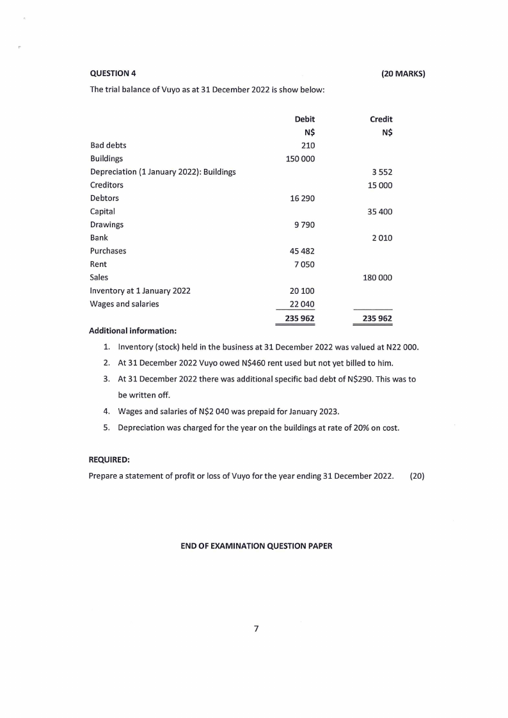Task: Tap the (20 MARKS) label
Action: click(x=403, y=73)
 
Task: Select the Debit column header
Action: click(x=305, y=119)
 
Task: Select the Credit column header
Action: click(x=381, y=119)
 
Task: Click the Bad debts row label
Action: click(x=108, y=145)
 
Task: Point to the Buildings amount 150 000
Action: click(x=300, y=159)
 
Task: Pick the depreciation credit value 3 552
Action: click(x=382, y=172)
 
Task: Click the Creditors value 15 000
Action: click(x=380, y=185)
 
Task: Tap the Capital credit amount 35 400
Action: click(x=380, y=211)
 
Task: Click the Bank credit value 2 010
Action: click(x=382, y=238)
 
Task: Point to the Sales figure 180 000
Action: click(x=377, y=278)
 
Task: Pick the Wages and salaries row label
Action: click(x=124, y=304)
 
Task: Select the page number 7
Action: click(x=255, y=629)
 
